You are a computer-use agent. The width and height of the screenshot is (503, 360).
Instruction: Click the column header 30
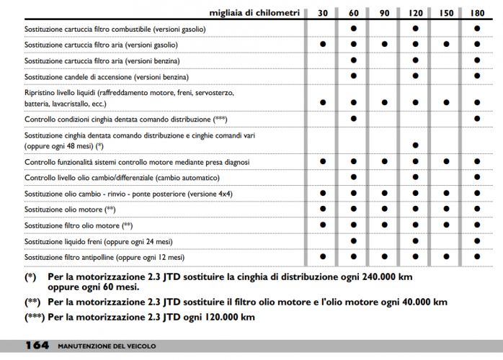point(323,13)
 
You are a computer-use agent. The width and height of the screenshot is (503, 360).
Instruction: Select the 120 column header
point(416,13)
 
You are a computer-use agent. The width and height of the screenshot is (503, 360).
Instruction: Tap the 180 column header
point(477,13)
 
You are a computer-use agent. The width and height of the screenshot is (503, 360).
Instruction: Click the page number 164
point(37,346)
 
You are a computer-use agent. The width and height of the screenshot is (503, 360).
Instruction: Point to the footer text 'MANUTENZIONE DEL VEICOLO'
point(107,346)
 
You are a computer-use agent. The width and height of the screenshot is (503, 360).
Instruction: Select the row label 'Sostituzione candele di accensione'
point(107,76)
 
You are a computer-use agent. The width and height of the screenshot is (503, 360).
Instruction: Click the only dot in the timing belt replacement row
point(416,145)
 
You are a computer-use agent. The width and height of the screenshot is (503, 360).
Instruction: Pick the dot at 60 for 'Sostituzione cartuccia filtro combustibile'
point(354,29)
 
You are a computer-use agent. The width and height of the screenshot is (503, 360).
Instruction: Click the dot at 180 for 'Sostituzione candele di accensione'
point(477,76)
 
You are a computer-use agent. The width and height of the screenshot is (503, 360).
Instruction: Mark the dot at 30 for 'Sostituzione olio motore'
point(323,209)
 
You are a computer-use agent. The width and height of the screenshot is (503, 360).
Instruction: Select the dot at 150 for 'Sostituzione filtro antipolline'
point(447,256)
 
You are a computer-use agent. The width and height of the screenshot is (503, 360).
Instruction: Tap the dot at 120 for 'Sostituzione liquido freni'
point(416,241)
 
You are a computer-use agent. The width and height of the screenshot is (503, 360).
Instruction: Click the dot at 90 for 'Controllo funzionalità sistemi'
point(385,161)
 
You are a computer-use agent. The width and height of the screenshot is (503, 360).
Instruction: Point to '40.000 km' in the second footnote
point(416,302)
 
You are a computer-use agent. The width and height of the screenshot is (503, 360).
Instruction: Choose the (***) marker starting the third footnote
point(35,318)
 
